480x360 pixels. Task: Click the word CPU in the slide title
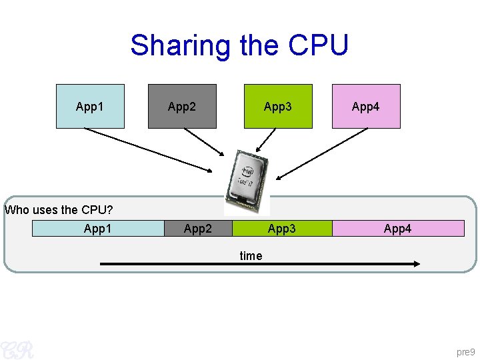(x=318, y=45)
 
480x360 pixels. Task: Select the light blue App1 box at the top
(x=90, y=106)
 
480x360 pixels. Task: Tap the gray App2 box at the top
(x=182, y=106)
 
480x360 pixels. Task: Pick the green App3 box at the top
(x=278, y=106)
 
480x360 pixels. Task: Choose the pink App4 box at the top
(x=366, y=106)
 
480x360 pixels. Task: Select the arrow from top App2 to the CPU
(x=205, y=147)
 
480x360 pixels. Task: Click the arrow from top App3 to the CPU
(x=266, y=140)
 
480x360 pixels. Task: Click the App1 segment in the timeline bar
(x=98, y=229)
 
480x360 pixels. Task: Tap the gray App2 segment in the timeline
(x=198, y=229)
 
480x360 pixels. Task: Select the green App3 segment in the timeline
(x=282, y=229)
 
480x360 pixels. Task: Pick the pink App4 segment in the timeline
(x=398, y=229)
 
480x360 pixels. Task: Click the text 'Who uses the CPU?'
(x=59, y=210)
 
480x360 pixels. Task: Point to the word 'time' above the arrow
(x=251, y=255)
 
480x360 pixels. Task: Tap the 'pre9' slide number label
(x=465, y=351)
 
